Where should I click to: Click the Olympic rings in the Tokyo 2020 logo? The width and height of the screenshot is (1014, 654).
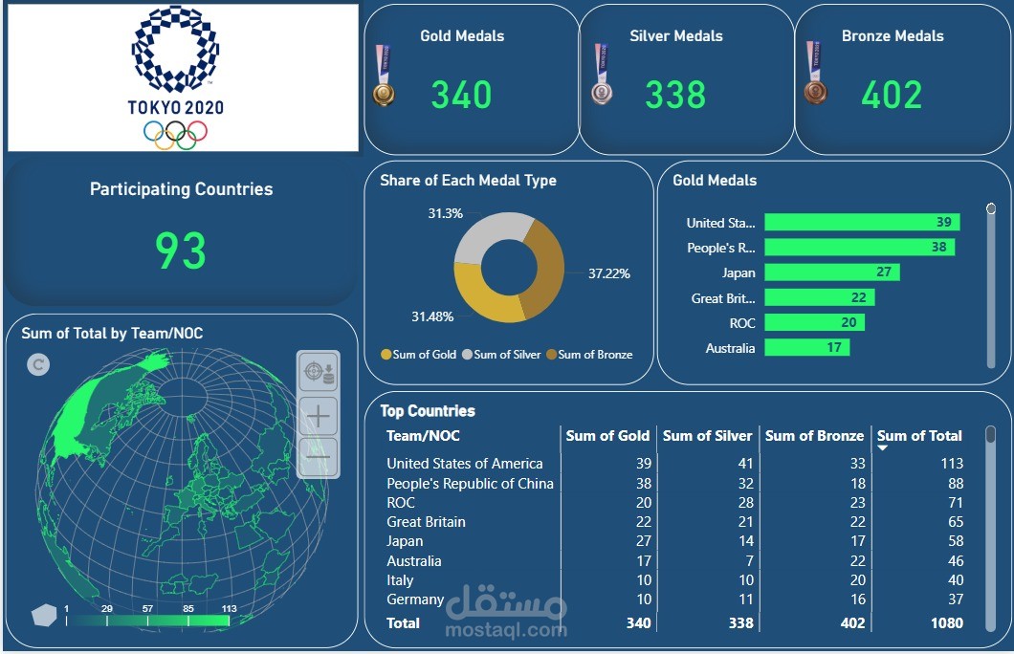pos(175,135)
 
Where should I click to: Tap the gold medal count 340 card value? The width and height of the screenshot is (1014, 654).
pos(461,95)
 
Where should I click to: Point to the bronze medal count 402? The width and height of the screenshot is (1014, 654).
pos(892,95)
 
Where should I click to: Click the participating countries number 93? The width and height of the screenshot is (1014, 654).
pos(181,251)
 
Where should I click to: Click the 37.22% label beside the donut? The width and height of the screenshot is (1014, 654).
pos(609,273)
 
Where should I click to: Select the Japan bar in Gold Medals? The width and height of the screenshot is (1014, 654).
pos(829,272)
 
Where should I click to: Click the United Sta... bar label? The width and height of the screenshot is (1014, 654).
pos(720,223)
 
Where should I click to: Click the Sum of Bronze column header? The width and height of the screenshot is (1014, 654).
pos(814,436)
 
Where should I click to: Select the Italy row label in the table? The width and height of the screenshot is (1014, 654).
pos(400,580)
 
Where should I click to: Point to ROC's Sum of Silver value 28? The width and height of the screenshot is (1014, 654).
pos(741,503)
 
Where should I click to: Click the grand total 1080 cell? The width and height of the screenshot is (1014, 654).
pos(944,623)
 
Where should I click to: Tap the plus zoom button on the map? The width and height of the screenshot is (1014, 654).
pos(319,415)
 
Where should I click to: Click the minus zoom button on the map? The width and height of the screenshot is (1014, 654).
pos(319,457)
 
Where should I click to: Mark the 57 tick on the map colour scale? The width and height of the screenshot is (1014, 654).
pos(147,609)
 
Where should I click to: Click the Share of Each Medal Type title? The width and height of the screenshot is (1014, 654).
pos(468,181)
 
